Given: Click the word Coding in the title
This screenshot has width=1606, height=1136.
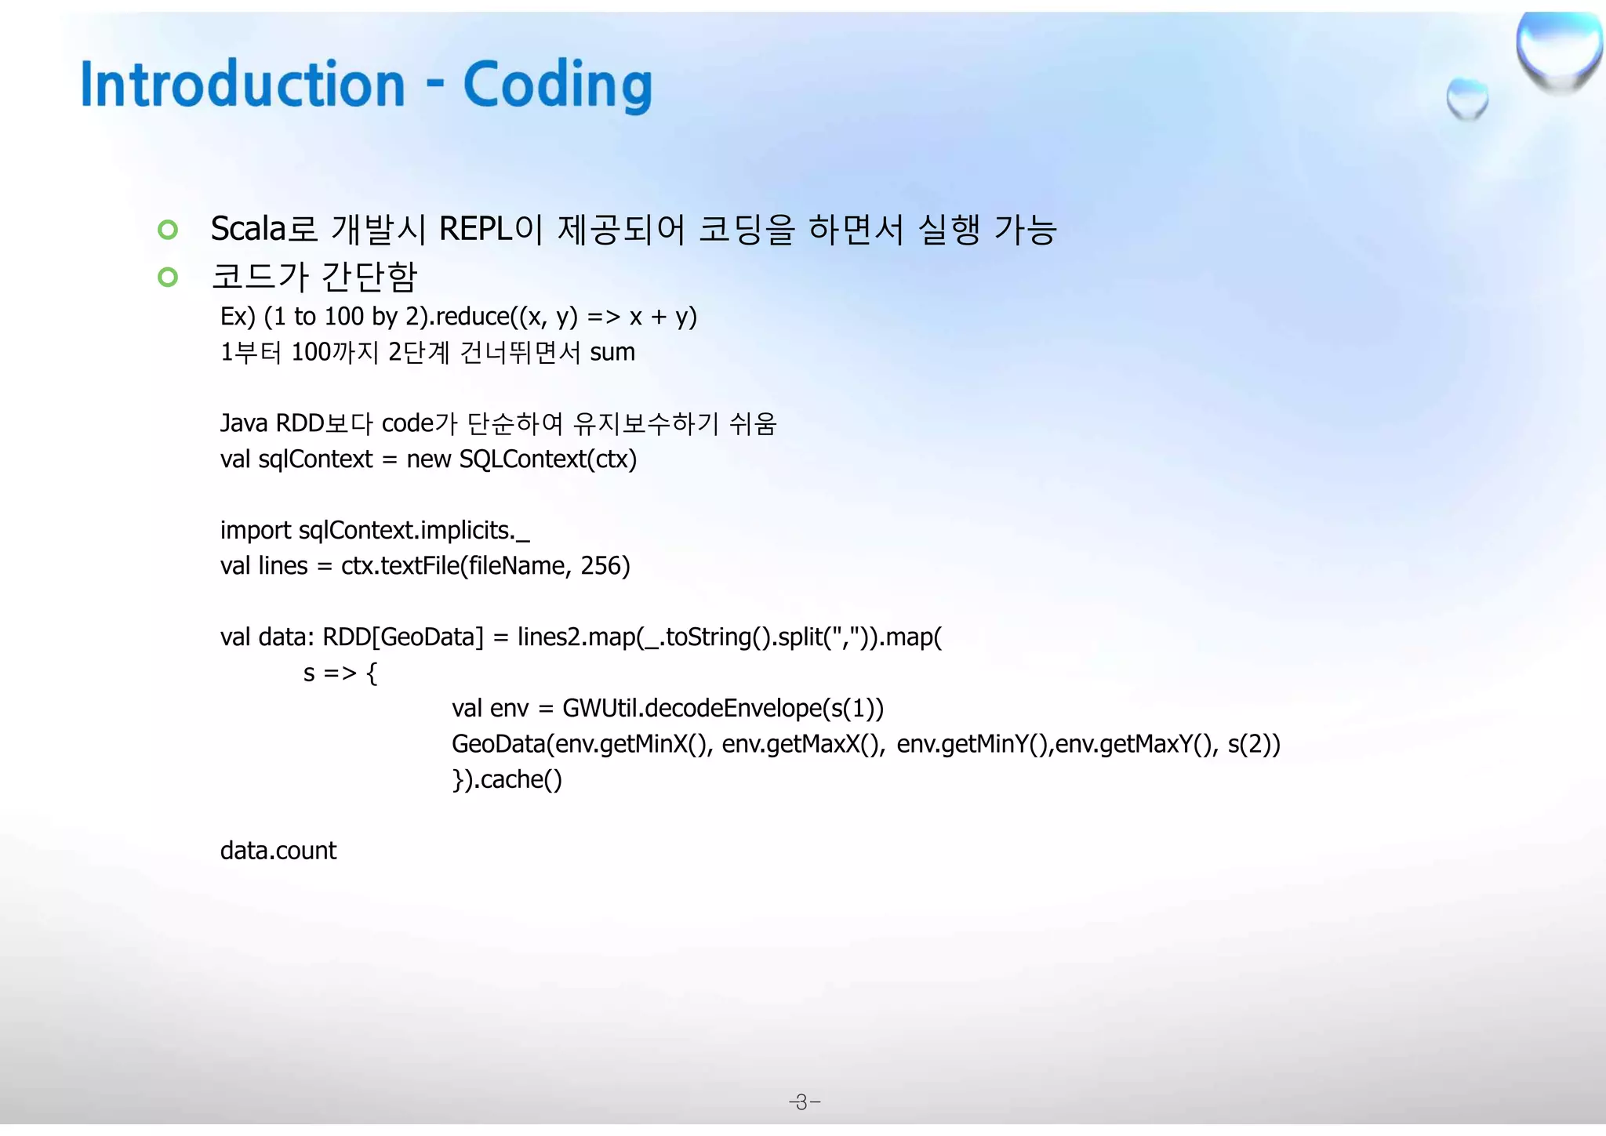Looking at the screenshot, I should (x=558, y=85).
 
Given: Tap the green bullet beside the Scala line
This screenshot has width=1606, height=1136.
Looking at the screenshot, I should (x=168, y=230).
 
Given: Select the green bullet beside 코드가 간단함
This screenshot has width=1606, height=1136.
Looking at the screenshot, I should (x=168, y=277).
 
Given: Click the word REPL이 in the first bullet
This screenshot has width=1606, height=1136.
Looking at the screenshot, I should (x=490, y=230).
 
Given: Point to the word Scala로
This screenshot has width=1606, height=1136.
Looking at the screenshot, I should (x=263, y=230).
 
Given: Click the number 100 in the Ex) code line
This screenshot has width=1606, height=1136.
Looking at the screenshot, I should (x=343, y=317).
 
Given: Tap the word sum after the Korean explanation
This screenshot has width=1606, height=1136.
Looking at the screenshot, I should (x=612, y=353).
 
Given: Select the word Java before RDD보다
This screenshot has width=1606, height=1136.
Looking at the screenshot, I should (x=244, y=424).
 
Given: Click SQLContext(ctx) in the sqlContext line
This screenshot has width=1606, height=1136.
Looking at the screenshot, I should (x=547, y=459).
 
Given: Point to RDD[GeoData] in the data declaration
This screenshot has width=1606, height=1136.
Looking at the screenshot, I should (x=403, y=637).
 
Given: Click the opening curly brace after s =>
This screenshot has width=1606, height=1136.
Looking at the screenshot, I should (x=372, y=673).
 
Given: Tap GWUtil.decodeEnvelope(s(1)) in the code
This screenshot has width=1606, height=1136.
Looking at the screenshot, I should (x=723, y=709).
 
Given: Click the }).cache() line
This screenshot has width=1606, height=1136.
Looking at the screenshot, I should (x=507, y=780).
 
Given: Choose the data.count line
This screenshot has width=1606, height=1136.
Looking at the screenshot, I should (x=278, y=851).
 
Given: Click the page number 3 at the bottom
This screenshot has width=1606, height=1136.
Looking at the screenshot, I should (x=801, y=1102).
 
